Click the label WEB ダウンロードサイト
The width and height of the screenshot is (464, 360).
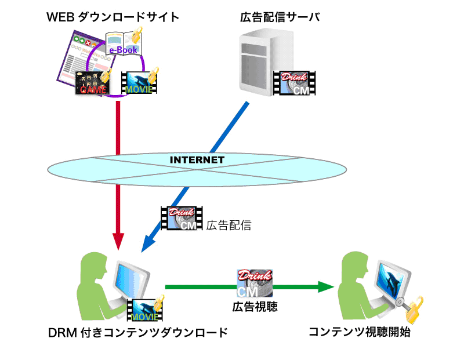tap(113, 17)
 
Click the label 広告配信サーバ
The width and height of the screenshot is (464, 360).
tap(280, 17)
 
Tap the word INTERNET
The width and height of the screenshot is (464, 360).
tap(197, 159)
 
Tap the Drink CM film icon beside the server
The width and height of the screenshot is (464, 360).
tap(295, 82)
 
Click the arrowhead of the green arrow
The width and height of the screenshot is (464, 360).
tap(326, 286)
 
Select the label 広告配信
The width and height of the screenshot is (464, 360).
tap(229, 225)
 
